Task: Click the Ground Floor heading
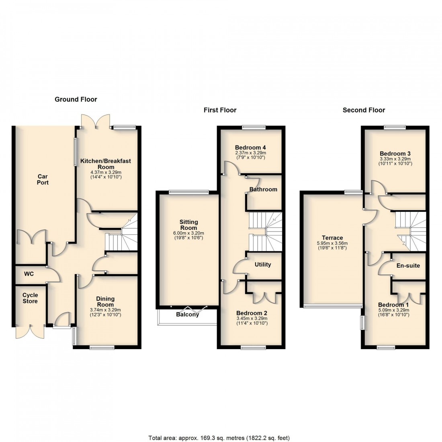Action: (76, 99)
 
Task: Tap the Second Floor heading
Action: (364, 110)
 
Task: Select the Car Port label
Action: (43, 179)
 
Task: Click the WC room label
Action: (29, 274)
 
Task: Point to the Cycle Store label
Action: (30, 298)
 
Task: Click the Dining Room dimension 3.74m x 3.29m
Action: (105, 310)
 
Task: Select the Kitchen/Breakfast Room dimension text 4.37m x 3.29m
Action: (106, 173)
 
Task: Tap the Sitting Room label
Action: (189, 225)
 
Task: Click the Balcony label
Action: (187, 315)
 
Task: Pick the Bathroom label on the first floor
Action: (263, 189)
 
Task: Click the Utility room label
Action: (263, 264)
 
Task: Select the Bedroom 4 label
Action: (251, 147)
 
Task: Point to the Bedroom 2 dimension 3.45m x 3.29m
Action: (252, 319)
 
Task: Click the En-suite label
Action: (408, 265)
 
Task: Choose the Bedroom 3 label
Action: (395, 153)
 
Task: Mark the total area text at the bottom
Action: (219, 438)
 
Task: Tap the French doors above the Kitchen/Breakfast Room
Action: (96, 120)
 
